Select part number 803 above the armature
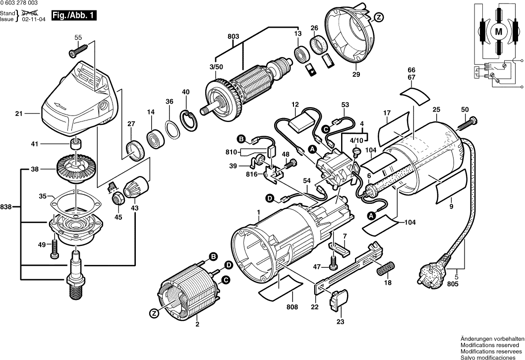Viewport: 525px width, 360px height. pos(233,36)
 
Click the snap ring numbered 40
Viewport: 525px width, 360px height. pos(189,121)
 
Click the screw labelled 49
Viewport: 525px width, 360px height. pos(55,250)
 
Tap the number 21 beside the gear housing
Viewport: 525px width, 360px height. pos(19,114)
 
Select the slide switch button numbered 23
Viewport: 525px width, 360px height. pos(339,300)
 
